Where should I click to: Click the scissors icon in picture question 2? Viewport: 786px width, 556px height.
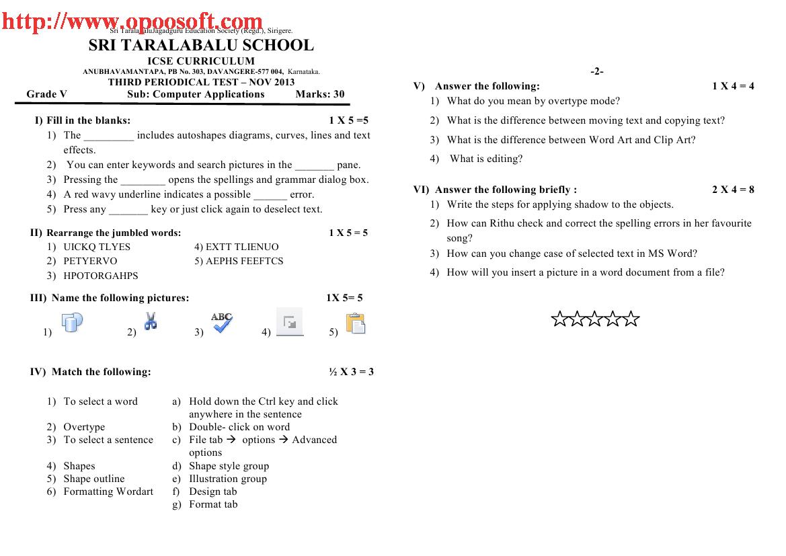151,321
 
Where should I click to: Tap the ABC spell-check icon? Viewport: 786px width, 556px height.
222,322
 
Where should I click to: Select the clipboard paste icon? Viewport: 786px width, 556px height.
355,323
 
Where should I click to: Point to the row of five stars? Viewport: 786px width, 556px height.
595,319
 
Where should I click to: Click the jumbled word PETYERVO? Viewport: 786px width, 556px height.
90,261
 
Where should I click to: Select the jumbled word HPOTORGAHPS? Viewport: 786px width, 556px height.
101,276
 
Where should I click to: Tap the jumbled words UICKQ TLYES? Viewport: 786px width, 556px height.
97,247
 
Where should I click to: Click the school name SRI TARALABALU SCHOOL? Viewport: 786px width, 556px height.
201,46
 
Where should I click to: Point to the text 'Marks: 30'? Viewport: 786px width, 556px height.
320,94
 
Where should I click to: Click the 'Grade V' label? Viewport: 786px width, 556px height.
47,94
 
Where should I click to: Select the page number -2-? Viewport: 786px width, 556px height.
597,71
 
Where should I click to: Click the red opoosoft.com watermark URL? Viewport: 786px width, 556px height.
132,22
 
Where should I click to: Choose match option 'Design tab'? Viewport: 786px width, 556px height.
213,491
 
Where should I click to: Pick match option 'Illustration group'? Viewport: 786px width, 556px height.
228,479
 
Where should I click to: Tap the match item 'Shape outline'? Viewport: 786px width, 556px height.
94,479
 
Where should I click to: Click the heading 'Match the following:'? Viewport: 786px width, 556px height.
101,372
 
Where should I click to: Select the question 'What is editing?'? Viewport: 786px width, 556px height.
486,159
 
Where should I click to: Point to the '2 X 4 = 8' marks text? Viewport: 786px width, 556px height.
733,190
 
